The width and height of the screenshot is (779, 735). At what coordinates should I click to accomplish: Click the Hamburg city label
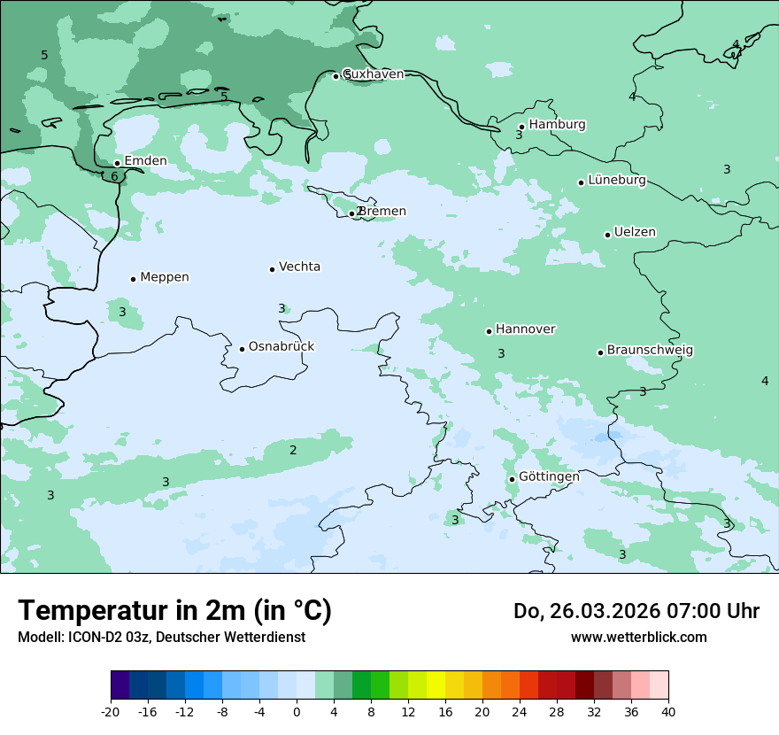point(557,125)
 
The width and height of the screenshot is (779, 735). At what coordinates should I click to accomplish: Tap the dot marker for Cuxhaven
point(336,76)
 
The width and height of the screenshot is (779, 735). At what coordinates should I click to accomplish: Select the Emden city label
point(145,161)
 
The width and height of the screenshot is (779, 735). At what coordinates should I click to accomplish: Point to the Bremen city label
point(382,212)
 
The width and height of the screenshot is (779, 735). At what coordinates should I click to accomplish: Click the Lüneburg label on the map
point(617,181)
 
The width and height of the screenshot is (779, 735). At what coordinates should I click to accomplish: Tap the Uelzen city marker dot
point(607,235)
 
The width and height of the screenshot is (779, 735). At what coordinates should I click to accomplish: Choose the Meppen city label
point(165,277)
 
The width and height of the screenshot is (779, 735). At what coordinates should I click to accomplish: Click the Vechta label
point(299,267)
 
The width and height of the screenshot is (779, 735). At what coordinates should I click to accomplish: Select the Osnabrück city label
point(282,347)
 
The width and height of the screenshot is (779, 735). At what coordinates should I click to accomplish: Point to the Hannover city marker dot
point(489,331)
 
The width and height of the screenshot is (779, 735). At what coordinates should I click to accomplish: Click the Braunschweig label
point(650,351)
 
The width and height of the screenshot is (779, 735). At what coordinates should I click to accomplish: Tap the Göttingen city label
point(549,476)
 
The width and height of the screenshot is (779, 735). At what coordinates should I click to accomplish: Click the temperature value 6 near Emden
point(114,177)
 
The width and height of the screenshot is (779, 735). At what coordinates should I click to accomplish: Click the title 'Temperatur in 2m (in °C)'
point(174,610)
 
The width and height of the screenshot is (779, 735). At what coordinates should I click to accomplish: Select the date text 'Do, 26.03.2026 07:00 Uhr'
point(636,611)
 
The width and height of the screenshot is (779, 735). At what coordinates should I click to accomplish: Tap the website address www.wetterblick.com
point(638,638)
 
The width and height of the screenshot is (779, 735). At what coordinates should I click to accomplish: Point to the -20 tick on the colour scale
point(111,712)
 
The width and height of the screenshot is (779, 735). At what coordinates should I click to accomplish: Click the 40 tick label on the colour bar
point(667,712)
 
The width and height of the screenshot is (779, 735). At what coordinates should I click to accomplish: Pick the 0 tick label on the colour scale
point(297,712)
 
